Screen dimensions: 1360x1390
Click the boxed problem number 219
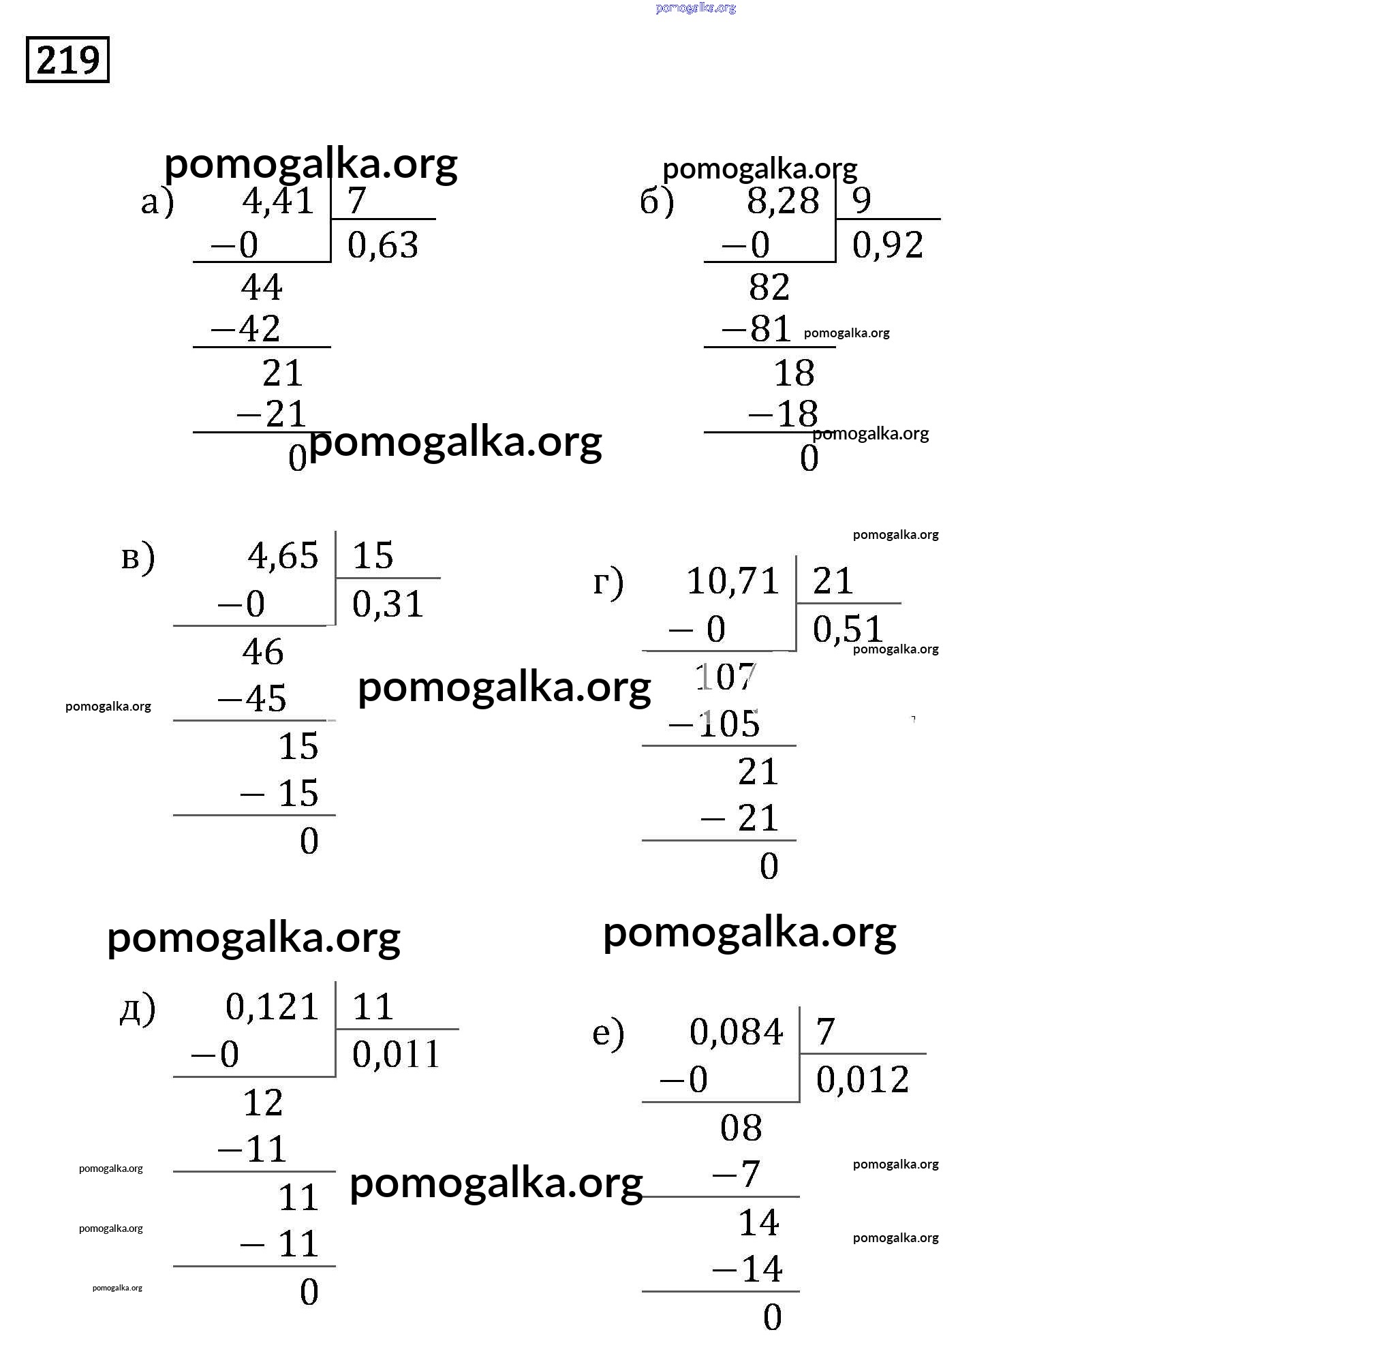[x=68, y=60]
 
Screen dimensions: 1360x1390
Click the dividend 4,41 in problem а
[x=279, y=201]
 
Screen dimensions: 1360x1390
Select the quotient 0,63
[x=383, y=245]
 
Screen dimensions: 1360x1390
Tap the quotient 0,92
[x=888, y=245]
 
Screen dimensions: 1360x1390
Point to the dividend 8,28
[x=783, y=201]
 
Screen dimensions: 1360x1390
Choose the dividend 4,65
[x=283, y=556]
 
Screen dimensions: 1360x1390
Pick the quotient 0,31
[x=388, y=604]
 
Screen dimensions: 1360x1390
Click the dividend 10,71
[x=732, y=581]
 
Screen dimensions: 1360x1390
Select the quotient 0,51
[x=848, y=630]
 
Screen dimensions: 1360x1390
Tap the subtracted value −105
[x=714, y=724]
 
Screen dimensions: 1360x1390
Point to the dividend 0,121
[x=272, y=1007]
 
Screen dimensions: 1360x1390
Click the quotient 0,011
[x=397, y=1054]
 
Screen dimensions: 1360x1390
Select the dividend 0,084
[x=737, y=1032]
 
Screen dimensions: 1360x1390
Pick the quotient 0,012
[x=862, y=1079]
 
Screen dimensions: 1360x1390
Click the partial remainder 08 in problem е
[x=741, y=1128]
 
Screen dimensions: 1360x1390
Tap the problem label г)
[x=608, y=581]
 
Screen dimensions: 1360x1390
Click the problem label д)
[x=137, y=1008]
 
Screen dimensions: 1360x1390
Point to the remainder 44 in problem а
[x=262, y=288]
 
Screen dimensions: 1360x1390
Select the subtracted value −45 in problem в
[x=252, y=698]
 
